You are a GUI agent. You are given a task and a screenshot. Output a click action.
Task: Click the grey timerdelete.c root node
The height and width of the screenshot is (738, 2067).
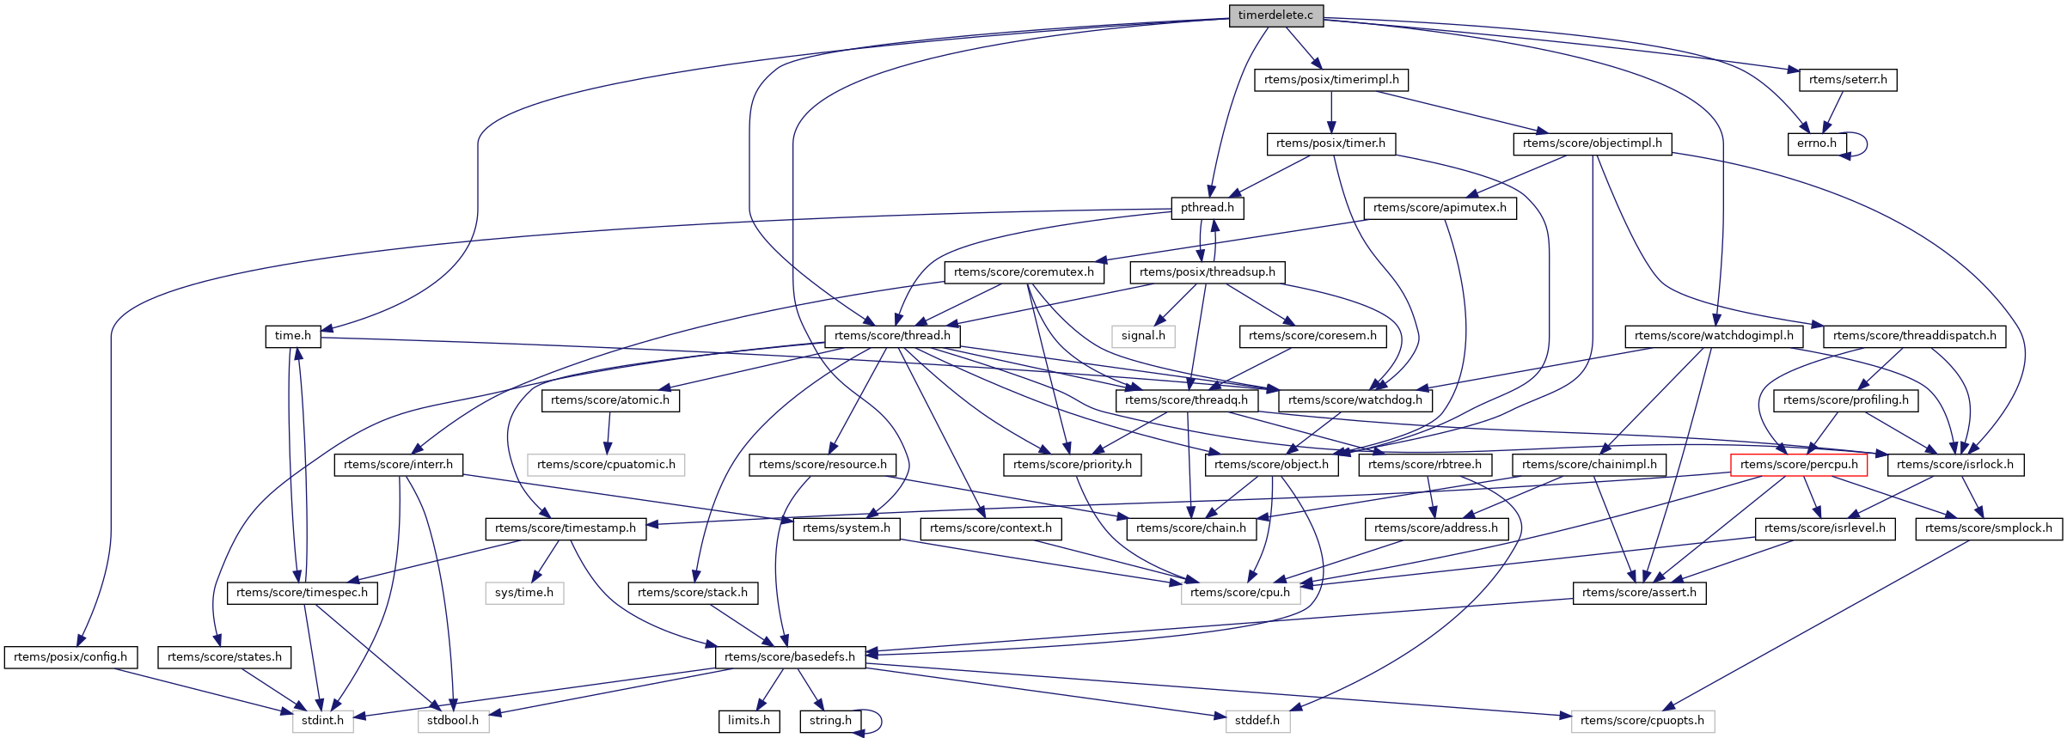1276,15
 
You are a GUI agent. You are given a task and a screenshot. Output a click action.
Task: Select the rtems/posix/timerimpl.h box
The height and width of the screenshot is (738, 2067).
1331,80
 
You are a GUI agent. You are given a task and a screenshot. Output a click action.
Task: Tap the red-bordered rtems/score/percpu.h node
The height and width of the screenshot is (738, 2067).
1799,465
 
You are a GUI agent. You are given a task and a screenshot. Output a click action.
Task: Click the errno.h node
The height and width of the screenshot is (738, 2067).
1816,143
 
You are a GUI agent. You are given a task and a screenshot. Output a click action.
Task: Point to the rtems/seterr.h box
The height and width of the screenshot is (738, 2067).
1848,80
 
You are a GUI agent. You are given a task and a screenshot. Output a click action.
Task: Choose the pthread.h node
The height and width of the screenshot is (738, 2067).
1207,208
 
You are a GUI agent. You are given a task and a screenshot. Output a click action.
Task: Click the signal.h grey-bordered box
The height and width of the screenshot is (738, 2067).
1143,336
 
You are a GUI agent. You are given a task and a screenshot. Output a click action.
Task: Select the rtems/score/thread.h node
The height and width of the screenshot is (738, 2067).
892,336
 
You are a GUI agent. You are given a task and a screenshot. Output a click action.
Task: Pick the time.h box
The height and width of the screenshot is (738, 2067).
292,336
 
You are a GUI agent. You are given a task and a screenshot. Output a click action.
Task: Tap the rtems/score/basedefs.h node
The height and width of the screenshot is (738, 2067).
790,657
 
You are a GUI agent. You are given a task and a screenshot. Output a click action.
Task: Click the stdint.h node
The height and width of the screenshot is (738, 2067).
322,721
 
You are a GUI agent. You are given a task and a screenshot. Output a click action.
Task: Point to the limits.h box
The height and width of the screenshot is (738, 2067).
749,721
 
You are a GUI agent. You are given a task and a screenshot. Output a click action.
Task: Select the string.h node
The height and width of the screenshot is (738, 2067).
830,721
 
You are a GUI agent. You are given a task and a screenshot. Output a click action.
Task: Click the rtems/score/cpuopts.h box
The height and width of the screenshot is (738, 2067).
1642,721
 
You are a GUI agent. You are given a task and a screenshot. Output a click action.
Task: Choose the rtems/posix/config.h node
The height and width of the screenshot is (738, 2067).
70,657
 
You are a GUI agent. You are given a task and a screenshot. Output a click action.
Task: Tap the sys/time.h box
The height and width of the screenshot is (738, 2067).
524,593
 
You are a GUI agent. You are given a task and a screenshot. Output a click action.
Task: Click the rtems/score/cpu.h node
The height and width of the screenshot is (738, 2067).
1240,593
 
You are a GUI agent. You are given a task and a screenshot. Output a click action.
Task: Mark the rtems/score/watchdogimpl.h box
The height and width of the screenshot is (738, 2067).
1714,336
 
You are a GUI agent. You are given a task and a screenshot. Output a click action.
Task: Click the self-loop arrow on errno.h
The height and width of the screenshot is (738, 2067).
1866,143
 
